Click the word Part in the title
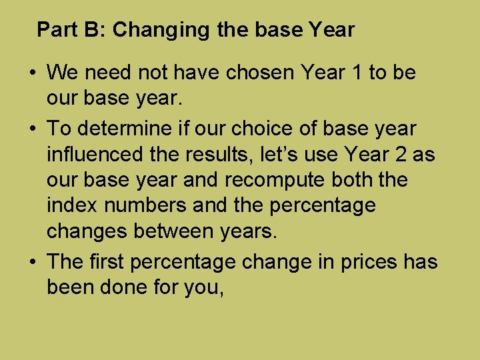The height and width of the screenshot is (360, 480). [54, 30]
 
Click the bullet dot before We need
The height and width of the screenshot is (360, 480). [33, 73]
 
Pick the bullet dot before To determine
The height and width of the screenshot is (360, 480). [33, 128]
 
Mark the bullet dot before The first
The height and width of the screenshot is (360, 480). [33, 262]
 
